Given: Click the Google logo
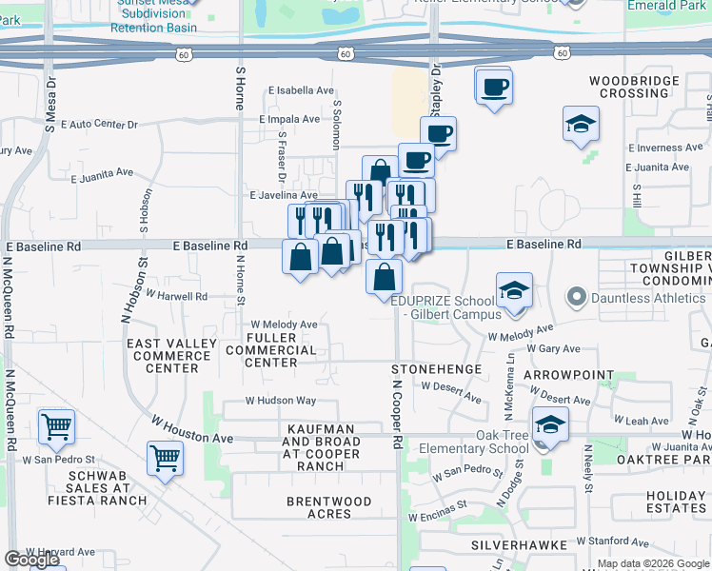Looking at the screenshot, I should pyautogui.click(x=31, y=560).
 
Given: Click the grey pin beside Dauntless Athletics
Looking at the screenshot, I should pyautogui.click(x=576, y=298).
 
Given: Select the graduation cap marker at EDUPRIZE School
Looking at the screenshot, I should pyautogui.click(x=514, y=289).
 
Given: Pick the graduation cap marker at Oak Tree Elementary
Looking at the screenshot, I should pyautogui.click(x=549, y=425).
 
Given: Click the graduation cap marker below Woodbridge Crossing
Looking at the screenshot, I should pyautogui.click(x=580, y=125).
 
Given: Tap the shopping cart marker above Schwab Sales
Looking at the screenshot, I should pyautogui.click(x=165, y=458).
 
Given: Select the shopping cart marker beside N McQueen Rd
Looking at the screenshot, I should pyautogui.click(x=57, y=427).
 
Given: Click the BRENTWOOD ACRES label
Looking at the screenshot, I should pyautogui.click(x=326, y=507).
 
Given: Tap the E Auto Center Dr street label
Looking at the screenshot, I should pyautogui.click(x=99, y=125).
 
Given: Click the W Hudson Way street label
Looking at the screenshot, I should pyautogui.click(x=281, y=401).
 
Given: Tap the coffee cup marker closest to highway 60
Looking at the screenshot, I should pyautogui.click(x=493, y=88).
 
